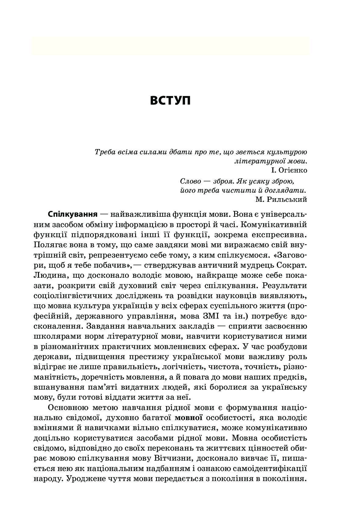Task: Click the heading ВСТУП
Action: tap(170, 100)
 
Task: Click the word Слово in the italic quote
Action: tap(191, 181)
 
